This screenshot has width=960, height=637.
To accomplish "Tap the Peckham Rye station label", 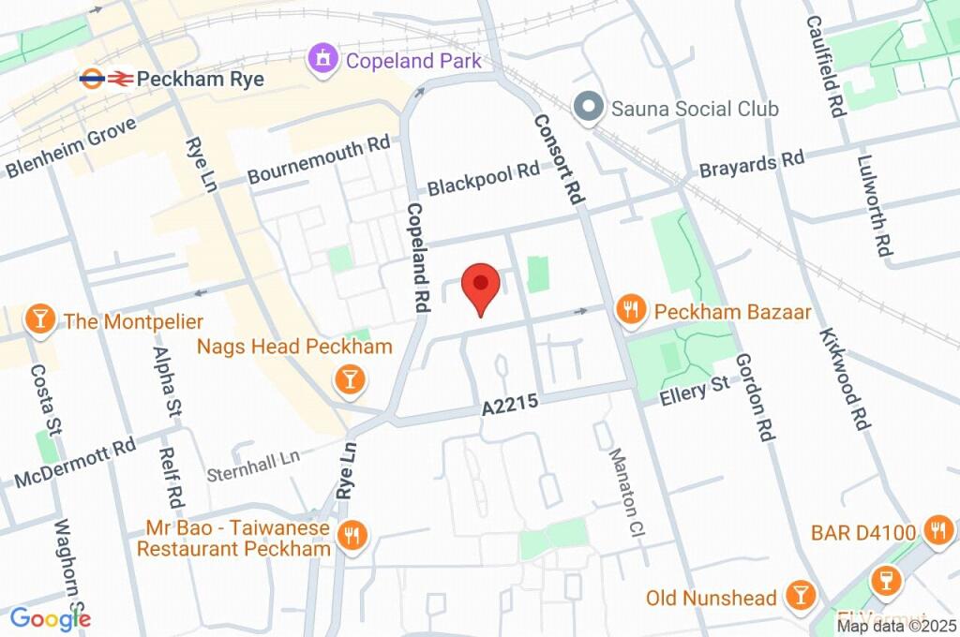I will pos(200,79).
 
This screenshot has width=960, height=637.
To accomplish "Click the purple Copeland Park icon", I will pos(322,61).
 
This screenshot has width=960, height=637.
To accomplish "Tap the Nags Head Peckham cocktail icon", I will pos(350,378).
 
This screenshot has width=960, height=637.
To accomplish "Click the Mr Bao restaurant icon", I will pos(353,535).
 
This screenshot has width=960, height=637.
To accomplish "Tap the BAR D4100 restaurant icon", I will pos(937,531).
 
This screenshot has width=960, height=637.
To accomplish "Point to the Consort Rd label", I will pos(559,160).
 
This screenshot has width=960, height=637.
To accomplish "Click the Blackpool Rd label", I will pos(484,179).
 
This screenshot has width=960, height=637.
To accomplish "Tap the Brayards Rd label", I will pos(752,164).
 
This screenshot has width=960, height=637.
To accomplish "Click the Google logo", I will pos(50,618).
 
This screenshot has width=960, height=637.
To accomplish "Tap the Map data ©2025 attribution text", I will pos(895,627).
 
